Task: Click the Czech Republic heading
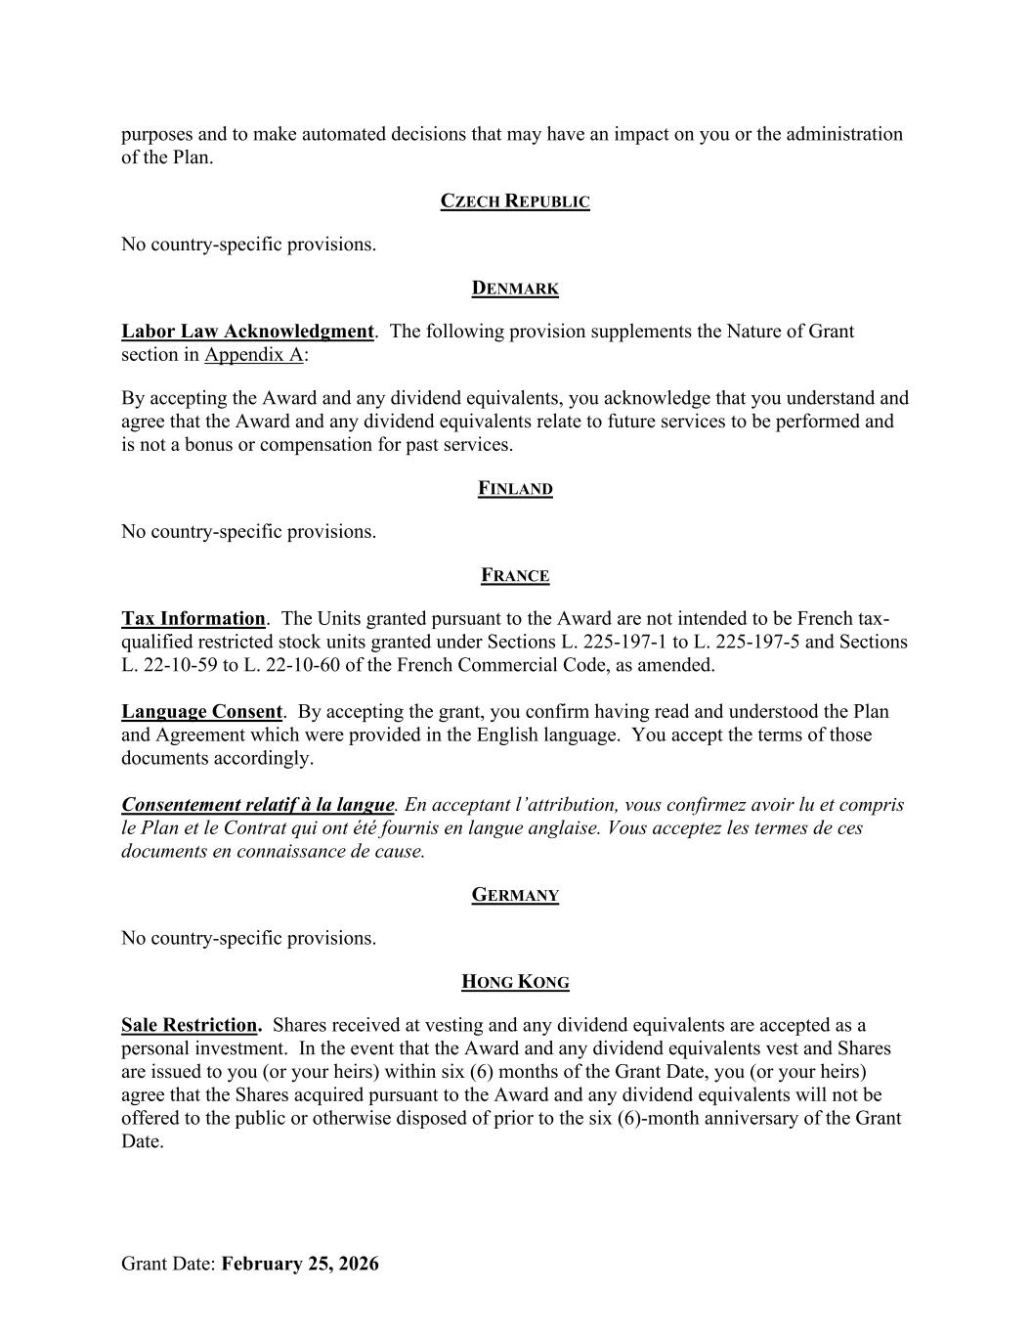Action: [515, 201]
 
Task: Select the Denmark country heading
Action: [515, 289]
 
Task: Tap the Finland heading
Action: [515, 489]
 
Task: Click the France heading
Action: [515, 576]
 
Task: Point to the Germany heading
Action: [515, 895]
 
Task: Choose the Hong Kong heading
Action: [515, 982]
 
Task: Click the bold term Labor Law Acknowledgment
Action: [247, 332]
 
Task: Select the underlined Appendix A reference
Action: [253, 355]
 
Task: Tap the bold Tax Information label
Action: [193, 619]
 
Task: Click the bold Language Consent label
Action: [201, 712]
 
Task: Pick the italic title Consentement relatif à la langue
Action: [257, 805]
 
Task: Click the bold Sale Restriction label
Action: [191, 1026]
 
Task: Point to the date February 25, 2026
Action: [300, 1264]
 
